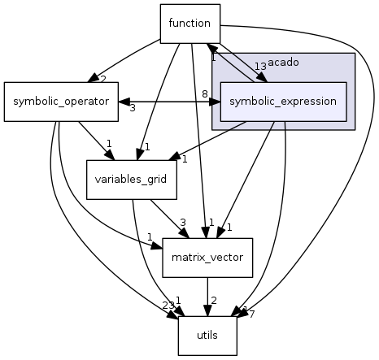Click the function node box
(x=189, y=23)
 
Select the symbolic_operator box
(x=61, y=102)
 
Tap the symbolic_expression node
(x=284, y=102)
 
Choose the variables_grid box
(x=132, y=180)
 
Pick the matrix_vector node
(x=207, y=258)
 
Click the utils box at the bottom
(x=207, y=336)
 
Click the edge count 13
(x=260, y=67)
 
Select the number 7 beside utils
(x=251, y=314)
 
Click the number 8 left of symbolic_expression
(x=205, y=94)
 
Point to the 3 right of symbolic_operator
(x=132, y=108)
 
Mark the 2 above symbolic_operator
(x=103, y=78)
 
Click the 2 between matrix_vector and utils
(x=214, y=301)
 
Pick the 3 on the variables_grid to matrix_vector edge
(x=184, y=222)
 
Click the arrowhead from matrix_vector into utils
(x=207, y=310)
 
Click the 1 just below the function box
(x=213, y=57)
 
